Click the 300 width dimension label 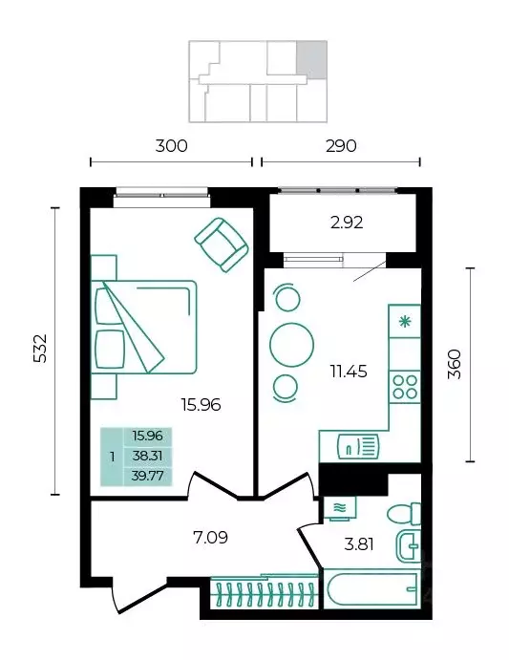click(x=171, y=146)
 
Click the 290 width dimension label click(x=341, y=146)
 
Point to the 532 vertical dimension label click(x=41, y=349)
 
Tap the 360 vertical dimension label click(x=456, y=364)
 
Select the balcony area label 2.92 click(x=347, y=223)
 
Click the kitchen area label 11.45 click(x=349, y=372)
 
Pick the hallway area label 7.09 click(x=210, y=538)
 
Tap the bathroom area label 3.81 click(x=359, y=544)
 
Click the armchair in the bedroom click(x=222, y=245)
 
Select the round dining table click(x=292, y=345)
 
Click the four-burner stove click(x=405, y=387)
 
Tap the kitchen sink click(x=358, y=447)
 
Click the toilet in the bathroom click(x=404, y=514)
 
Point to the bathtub click(x=372, y=589)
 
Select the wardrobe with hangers click(x=264, y=592)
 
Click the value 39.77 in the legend click(x=147, y=476)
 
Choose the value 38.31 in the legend click(x=147, y=455)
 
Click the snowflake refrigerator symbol click(x=405, y=322)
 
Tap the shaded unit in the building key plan click(x=312, y=59)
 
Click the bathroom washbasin click(x=409, y=545)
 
